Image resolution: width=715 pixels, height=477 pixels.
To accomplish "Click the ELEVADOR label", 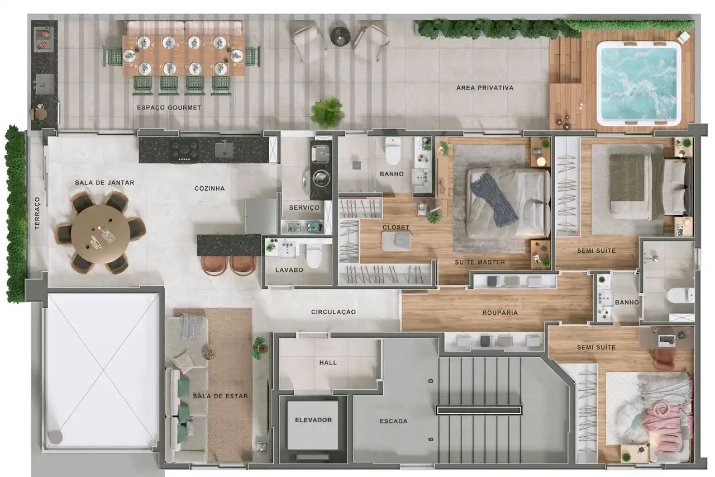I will [313, 420].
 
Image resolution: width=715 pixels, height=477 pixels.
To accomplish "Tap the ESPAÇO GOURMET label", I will [169, 107].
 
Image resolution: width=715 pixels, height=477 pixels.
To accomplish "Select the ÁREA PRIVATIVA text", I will [484, 88].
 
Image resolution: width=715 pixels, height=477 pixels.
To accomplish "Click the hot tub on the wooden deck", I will [638, 83].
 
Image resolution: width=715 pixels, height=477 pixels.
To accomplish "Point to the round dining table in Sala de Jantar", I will [101, 233].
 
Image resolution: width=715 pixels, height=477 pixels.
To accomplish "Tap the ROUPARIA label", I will [499, 313].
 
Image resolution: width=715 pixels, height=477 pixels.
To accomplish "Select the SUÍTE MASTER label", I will [479, 262].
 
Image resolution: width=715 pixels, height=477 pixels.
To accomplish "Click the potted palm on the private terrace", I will [328, 111].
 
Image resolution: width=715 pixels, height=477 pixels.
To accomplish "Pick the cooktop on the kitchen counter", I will [185, 149].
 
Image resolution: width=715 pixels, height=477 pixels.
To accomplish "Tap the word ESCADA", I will [393, 421].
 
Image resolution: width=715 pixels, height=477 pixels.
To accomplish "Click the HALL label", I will [328, 362].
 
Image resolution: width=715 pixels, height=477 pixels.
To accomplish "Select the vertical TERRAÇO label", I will [37, 212].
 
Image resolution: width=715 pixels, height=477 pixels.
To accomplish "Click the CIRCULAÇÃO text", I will [333, 312].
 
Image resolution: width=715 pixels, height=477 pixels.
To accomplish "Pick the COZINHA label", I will [209, 188].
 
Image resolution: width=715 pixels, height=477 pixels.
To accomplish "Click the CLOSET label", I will [395, 228].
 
